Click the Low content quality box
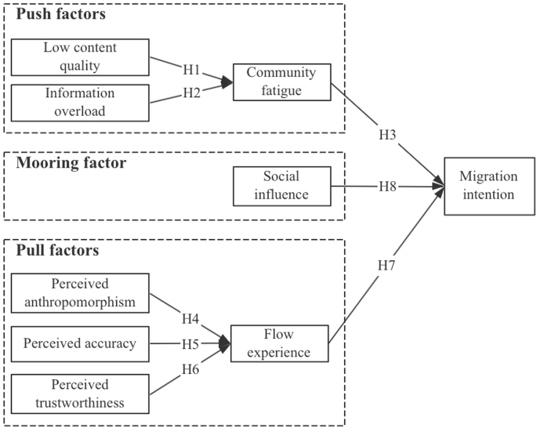81,57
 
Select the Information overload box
81,102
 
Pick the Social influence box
281,185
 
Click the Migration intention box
488,186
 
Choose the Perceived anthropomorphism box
81,292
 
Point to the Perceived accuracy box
81,343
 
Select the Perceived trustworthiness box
81,394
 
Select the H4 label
191,319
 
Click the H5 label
191,343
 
